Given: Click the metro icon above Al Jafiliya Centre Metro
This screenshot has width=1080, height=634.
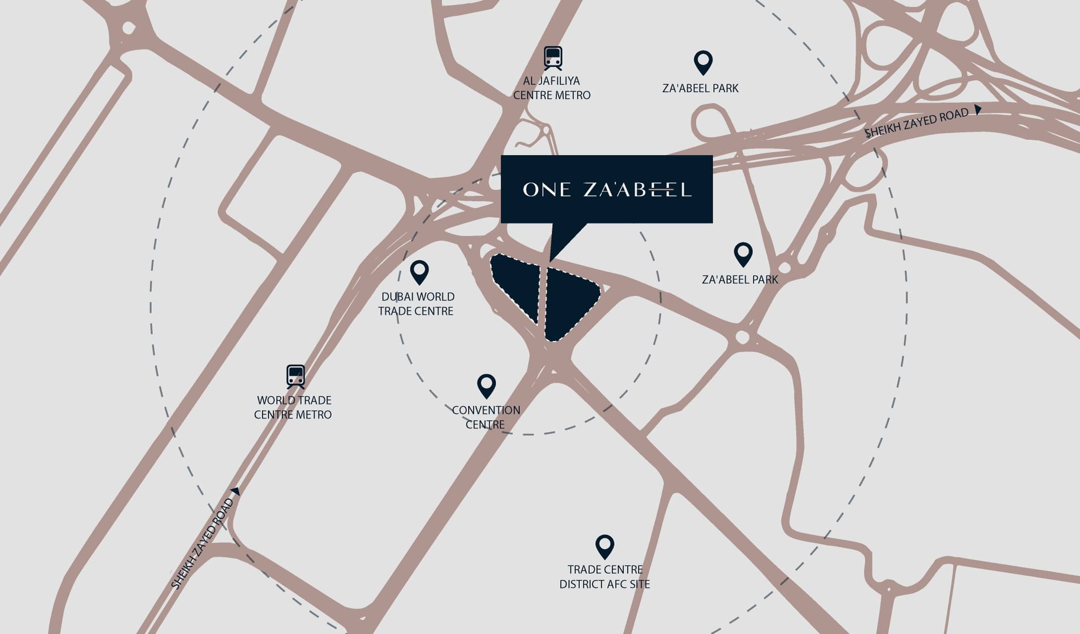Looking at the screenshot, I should coord(553,58).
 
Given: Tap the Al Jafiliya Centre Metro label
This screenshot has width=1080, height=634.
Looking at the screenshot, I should coord(552,88).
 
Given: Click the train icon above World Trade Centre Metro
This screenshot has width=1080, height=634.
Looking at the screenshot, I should coord(295,377).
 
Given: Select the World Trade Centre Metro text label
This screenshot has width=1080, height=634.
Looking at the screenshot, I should coord(293,407).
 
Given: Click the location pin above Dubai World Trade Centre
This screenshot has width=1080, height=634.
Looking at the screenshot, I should coord(419,272).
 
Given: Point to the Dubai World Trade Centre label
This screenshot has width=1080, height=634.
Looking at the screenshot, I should coord(416,304).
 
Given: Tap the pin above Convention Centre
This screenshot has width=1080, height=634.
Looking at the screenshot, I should coord(486,386).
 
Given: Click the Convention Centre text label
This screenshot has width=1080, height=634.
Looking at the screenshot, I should coord(486,417).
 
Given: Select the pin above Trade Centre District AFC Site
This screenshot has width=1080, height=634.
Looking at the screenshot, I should coord(605,546).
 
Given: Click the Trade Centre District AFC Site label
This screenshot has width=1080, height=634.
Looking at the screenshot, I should coord(605,577).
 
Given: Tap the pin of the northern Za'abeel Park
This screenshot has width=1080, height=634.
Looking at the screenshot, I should coord(703,62).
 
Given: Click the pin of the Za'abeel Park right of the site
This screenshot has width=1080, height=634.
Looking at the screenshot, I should coord(743,254).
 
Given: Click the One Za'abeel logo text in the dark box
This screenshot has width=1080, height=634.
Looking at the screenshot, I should coord(607,189).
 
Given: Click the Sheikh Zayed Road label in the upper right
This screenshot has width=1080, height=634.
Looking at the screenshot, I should coord(916,123).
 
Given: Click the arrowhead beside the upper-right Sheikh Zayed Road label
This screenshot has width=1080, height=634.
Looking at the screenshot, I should coord(978,110).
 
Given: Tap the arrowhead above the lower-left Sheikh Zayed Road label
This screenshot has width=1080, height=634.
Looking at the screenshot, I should coord(236,491).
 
